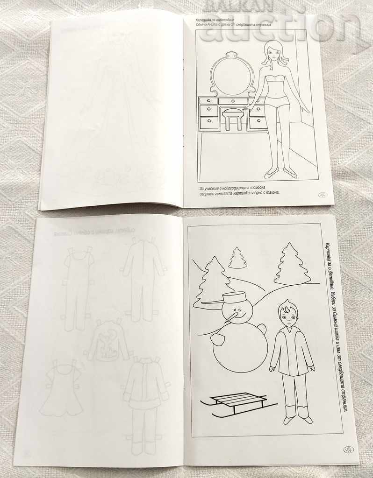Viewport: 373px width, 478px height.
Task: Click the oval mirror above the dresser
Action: click(x=231, y=76)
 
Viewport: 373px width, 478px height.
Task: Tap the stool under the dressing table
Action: click(x=234, y=119)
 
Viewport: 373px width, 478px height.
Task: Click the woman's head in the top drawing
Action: click(x=274, y=53)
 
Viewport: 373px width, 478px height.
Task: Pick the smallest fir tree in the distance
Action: click(x=237, y=259)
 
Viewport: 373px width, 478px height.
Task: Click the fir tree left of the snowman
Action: click(x=212, y=283)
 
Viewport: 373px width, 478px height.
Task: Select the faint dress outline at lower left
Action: click(x=62, y=390)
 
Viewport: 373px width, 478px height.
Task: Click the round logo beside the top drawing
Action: click(x=322, y=196)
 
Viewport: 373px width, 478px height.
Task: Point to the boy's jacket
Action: click(x=291, y=351)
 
